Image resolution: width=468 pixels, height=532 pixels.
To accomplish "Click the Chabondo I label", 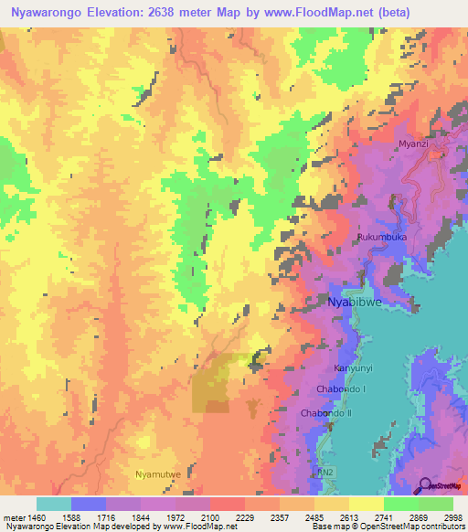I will [341, 390].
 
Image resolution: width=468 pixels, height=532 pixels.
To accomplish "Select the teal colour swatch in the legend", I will [53, 504].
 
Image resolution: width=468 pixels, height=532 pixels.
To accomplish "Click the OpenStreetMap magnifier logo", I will [422, 484].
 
